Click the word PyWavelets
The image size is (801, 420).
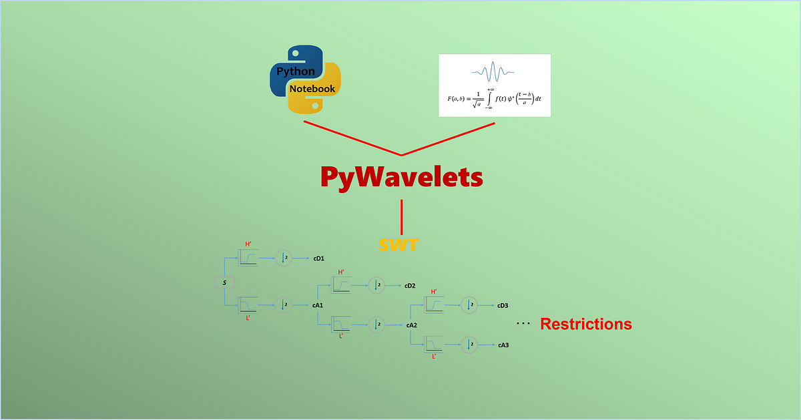click(401, 177)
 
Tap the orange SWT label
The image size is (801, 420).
click(398, 245)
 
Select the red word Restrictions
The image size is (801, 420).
click(585, 325)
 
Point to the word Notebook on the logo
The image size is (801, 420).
click(312, 88)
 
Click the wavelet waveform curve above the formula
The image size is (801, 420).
click(494, 71)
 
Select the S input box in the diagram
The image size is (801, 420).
click(225, 283)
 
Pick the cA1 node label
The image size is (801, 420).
click(318, 305)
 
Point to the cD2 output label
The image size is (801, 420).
click(410, 286)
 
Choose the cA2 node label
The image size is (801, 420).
click(411, 325)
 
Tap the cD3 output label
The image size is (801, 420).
click(503, 306)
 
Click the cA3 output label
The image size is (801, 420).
click(503, 345)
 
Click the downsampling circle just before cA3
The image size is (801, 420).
click(470, 345)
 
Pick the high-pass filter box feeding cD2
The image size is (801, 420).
click(341, 285)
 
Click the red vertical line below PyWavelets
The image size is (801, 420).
click(401, 215)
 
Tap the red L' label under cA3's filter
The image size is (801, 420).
click(434, 357)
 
